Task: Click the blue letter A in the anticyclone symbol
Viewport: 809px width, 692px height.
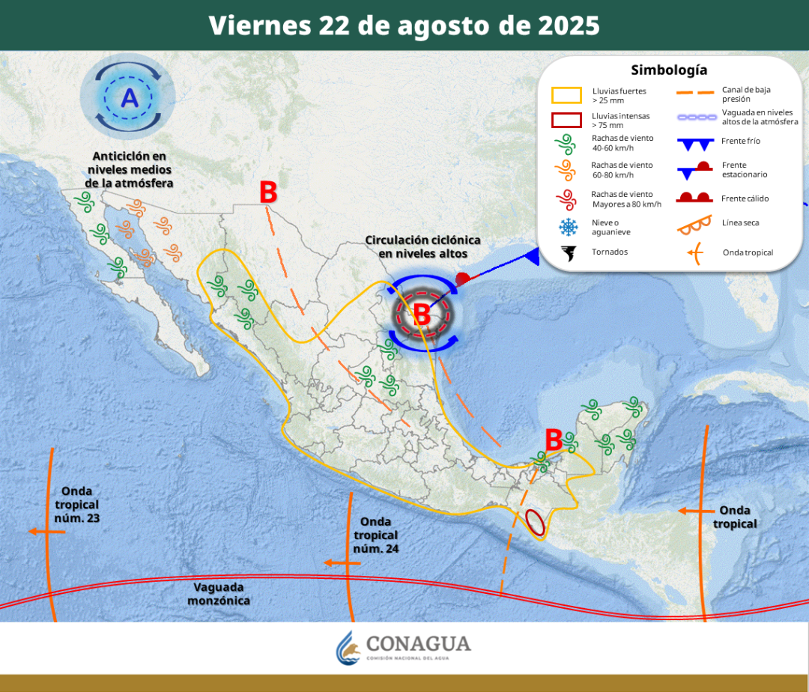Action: [x=130, y=98]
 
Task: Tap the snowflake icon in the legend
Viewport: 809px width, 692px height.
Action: [x=569, y=226]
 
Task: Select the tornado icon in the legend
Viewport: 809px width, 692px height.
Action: [x=569, y=253]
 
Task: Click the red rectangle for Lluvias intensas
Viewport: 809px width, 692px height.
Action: [x=566, y=120]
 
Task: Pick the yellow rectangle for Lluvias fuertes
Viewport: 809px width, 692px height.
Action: [x=566, y=95]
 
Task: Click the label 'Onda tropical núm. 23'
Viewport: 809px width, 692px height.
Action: [x=76, y=505]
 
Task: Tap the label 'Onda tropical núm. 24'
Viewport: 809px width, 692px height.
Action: [x=375, y=535]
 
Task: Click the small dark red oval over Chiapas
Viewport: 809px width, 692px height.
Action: [x=534, y=521]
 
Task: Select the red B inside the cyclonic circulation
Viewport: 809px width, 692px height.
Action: [x=422, y=315]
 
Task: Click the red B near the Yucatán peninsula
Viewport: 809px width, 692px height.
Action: [x=554, y=440]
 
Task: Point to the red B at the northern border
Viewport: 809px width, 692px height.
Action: [x=268, y=192]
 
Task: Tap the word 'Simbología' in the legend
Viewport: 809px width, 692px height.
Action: [x=669, y=70]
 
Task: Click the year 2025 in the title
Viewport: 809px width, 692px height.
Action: [x=569, y=25]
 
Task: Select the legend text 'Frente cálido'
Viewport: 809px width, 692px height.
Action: [x=745, y=198]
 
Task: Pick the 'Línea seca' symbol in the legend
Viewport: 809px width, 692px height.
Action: [x=693, y=223]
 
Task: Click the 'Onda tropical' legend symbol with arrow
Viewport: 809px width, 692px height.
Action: [x=694, y=253]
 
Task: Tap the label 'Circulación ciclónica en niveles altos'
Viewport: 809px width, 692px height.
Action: [x=423, y=247]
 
